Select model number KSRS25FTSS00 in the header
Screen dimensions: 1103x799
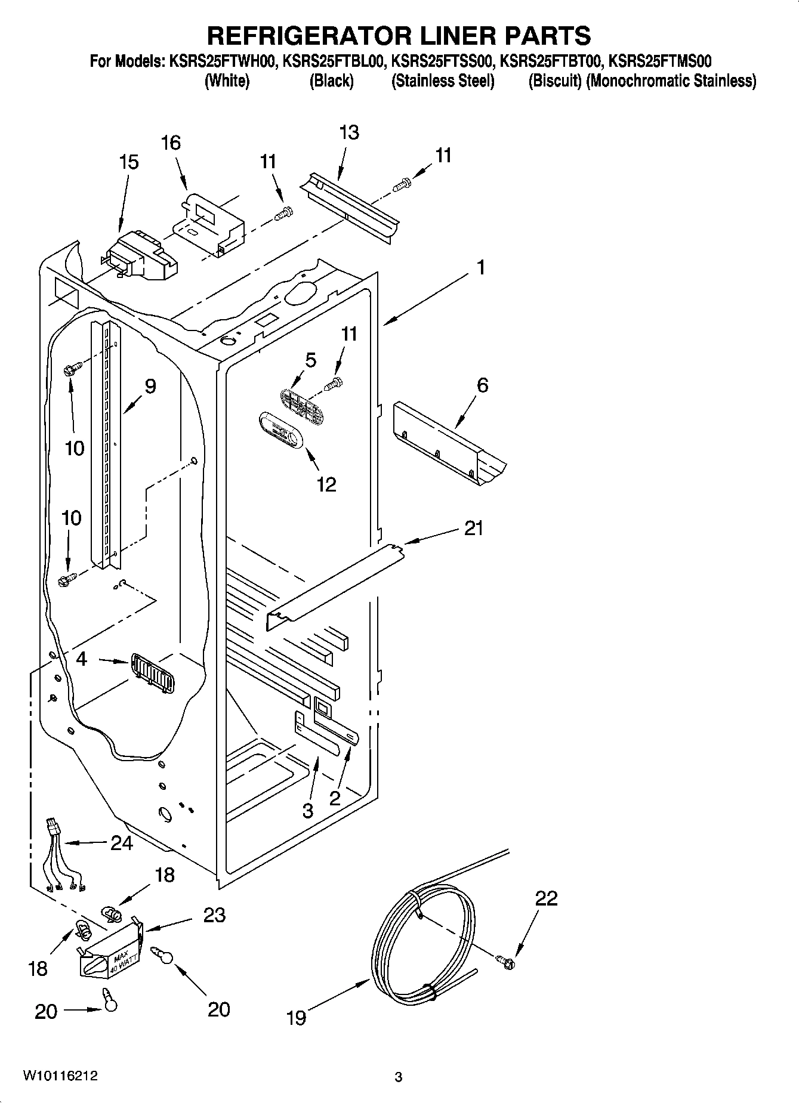click(442, 61)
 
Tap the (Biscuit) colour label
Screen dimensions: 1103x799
click(555, 81)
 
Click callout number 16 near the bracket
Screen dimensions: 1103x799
click(170, 143)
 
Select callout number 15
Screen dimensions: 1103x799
click(128, 162)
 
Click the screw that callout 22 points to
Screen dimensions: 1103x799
click(506, 960)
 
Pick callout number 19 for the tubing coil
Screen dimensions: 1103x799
click(296, 1017)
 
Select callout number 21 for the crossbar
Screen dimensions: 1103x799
click(473, 528)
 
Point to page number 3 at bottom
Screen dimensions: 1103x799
click(399, 1077)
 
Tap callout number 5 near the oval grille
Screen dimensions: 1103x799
click(310, 360)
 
